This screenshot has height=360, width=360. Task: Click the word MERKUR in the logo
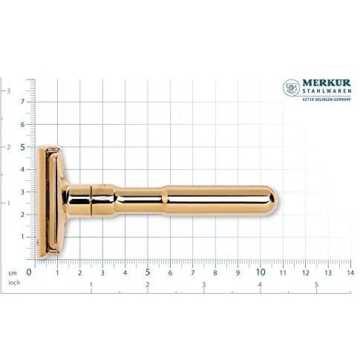pyautogui.click(x=327, y=83)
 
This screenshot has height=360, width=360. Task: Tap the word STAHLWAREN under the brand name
pyautogui.click(x=327, y=91)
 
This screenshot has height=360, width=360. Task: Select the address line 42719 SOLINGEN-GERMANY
pyautogui.click(x=327, y=99)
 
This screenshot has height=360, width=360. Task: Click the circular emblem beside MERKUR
pyautogui.click(x=291, y=88)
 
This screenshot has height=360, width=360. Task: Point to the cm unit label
pyautogui.click(x=13, y=273)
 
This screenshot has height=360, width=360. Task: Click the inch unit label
pyautogui.click(x=14, y=283)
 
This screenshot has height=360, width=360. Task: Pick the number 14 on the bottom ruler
pyautogui.click(x=350, y=272)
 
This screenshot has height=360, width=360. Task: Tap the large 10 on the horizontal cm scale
pyautogui.click(x=261, y=272)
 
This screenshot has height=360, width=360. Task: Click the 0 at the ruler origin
pyautogui.click(x=29, y=272)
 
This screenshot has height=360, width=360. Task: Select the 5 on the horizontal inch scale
pyautogui.click(x=316, y=284)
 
